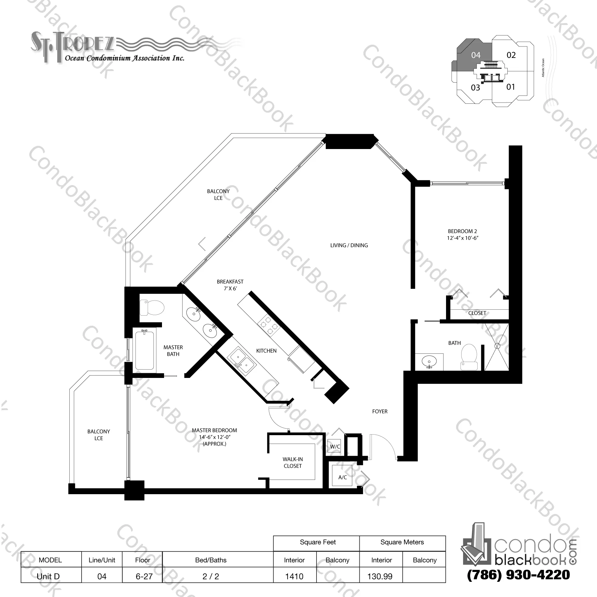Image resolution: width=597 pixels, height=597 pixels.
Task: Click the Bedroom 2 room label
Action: click(462, 235)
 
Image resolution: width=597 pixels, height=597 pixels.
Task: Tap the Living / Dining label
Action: click(349, 245)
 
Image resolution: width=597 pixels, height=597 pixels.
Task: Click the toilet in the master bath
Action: click(152, 308)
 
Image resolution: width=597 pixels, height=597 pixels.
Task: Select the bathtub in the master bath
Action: click(145, 350)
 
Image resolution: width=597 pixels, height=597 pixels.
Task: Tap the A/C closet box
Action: click(342, 477)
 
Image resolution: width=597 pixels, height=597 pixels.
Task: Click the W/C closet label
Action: click(335, 447)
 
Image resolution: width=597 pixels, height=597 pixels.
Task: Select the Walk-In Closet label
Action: click(292, 463)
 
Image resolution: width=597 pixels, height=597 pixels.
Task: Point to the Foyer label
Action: click(379, 411)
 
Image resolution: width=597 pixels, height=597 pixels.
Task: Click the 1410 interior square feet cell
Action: click(294, 576)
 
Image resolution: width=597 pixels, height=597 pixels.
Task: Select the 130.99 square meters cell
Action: click(380, 576)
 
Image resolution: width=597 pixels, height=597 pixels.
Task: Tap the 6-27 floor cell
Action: click(144, 576)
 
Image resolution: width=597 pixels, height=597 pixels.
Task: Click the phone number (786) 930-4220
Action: click(518, 575)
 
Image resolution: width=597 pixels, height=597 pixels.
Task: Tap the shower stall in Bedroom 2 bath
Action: click(497, 346)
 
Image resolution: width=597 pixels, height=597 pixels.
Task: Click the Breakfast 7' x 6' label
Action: click(230, 285)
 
